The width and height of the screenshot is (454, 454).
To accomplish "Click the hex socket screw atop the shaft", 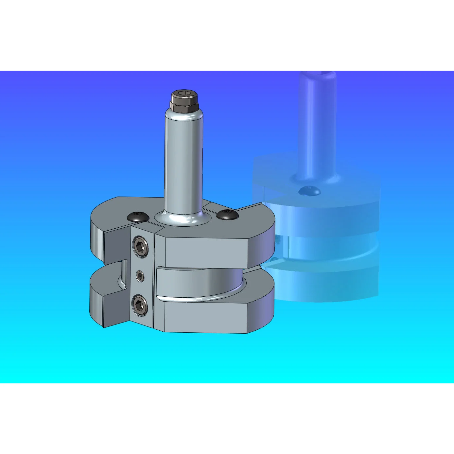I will click(x=184, y=96).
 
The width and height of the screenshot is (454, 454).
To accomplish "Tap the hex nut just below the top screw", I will click(x=184, y=106).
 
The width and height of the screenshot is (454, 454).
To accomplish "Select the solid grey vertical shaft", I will click(x=183, y=164).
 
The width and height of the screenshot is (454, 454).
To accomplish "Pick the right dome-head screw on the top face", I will click(x=227, y=214).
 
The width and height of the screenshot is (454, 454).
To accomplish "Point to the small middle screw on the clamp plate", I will click(x=141, y=276).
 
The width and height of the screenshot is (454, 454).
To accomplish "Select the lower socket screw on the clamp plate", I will click(x=140, y=305).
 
